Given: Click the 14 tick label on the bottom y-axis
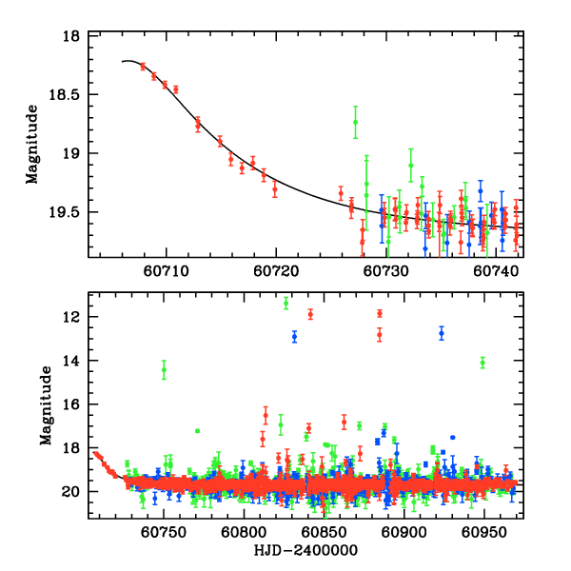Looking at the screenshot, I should tap(74, 361).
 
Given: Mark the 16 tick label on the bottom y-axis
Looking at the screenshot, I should tap(74, 404).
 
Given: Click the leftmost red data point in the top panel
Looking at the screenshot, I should tap(143, 67).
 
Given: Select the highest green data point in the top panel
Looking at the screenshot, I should tap(355, 122).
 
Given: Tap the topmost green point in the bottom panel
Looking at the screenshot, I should tap(286, 303).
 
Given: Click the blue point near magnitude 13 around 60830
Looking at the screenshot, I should tap(295, 336).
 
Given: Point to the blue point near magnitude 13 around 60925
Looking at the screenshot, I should tap(442, 332).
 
